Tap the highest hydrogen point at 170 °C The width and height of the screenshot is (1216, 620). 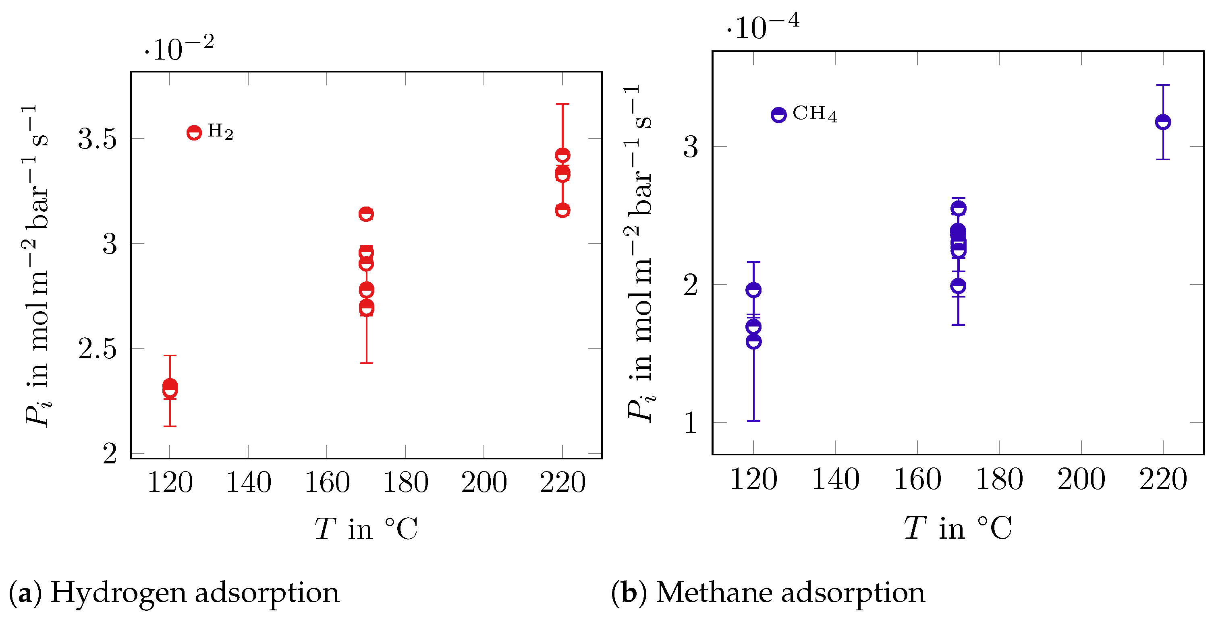tap(366, 214)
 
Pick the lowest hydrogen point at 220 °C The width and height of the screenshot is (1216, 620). tap(562, 210)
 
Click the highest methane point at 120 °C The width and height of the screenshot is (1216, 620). tap(753, 290)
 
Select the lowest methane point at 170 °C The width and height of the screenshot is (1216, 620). tap(958, 286)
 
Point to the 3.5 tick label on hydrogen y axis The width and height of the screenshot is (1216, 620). tap(97, 139)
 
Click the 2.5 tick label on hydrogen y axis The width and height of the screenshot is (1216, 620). tap(97, 349)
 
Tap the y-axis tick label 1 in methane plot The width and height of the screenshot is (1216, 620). tap(690, 423)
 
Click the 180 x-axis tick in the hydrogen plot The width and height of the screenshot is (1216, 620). tap(405, 483)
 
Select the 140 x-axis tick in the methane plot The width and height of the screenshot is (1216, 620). tap(835, 480)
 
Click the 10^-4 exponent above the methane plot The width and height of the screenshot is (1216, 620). tap(763, 27)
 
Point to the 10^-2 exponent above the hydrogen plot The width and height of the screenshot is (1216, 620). tap(179, 48)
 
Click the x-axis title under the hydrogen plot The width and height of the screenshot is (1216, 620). tap(366, 529)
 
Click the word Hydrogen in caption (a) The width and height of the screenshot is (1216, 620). tap(118, 593)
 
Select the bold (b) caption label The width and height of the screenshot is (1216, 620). tap(628, 593)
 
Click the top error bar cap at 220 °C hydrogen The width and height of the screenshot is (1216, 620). tap(562, 104)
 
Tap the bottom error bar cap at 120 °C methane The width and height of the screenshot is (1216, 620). tap(753, 420)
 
